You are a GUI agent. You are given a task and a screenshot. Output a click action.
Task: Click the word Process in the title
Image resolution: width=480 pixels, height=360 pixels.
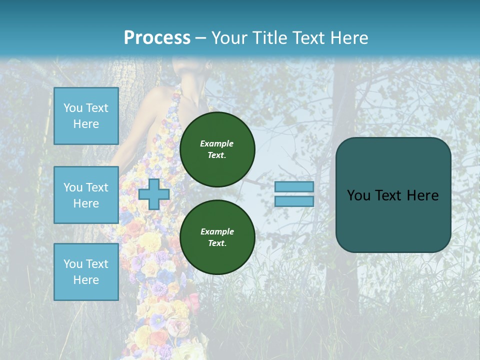coord(157,37)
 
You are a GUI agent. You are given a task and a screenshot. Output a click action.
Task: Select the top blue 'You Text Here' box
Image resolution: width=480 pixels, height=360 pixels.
coord(86,116)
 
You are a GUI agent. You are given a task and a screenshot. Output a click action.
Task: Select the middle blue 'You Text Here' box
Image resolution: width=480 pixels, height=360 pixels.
coord(86,195)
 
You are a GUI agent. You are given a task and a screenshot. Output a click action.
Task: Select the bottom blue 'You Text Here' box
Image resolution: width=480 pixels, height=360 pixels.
coord(86,271)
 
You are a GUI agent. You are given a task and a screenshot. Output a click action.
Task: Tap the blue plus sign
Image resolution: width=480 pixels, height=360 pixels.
coord(154,194)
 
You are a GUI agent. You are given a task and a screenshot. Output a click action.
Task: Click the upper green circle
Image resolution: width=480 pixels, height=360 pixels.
coord(217,149)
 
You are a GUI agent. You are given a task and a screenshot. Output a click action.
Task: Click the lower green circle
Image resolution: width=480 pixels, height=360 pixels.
coord(217,237)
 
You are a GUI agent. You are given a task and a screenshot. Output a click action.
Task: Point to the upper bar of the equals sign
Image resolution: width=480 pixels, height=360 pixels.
coord(294,187)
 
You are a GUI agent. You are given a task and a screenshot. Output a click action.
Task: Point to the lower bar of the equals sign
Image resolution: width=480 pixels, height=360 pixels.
coord(294,201)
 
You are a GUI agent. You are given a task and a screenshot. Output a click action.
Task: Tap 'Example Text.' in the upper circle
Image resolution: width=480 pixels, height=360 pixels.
coord(216,149)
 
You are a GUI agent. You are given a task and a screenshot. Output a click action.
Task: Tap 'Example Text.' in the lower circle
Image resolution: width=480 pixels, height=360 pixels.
coord(216,237)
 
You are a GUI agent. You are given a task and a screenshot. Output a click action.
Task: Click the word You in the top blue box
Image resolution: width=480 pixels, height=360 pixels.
coord(73,108)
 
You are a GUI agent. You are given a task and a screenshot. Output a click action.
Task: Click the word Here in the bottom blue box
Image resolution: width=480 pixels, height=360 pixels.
coord(86,280)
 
